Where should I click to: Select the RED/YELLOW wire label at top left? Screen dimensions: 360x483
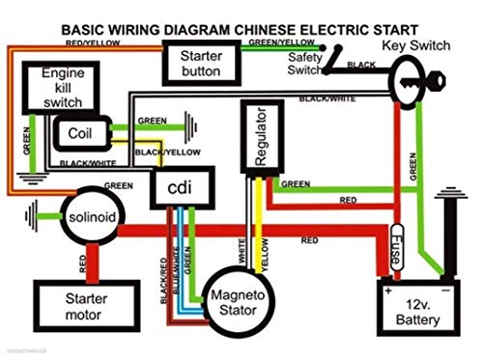click(94, 43)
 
